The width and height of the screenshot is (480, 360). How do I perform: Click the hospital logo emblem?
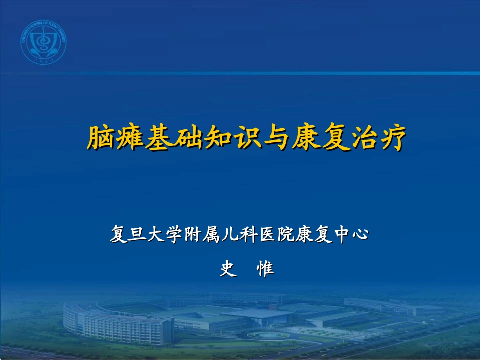click(43, 42)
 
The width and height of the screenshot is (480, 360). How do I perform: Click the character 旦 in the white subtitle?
click(137, 234)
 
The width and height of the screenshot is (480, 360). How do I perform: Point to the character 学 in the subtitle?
click(174, 234)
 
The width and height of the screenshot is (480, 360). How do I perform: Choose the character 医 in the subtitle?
click(268, 234)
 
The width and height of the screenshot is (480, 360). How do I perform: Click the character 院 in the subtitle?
click(287, 234)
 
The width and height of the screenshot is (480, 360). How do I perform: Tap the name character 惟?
click(265, 268)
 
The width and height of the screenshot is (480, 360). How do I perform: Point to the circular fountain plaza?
click(268, 335)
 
